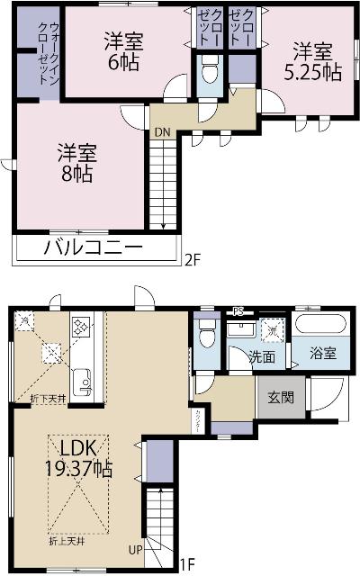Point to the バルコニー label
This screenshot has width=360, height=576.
[x=92, y=247]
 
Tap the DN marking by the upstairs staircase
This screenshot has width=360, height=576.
[x=162, y=132]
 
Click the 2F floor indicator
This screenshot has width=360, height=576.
[x=191, y=261]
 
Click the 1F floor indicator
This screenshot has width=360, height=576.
[x=186, y=565]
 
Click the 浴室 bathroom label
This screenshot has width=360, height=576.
[x=324, y=354]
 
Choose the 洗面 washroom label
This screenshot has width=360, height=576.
[x=262, y=357]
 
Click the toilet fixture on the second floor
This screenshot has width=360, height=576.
[x=209, y=70]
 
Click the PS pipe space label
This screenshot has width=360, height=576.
[x=238, y=311]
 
